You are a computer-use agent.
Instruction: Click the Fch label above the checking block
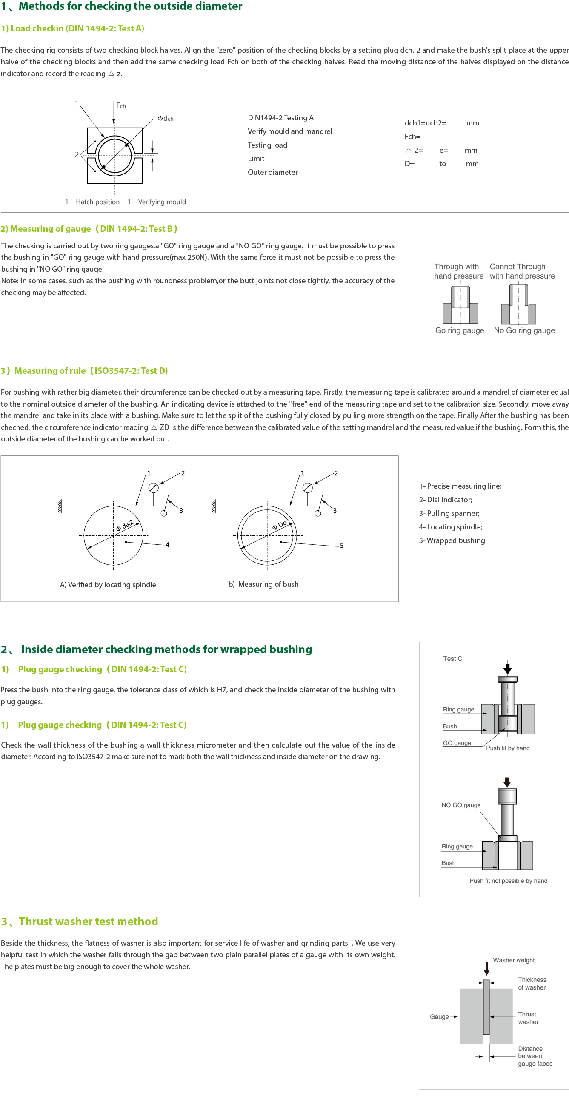pos(121,105)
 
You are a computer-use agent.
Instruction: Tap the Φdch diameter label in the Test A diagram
pos(166,119)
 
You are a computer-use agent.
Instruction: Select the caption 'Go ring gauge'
pos(460,330)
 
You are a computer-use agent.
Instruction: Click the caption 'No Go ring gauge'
pos(524,330)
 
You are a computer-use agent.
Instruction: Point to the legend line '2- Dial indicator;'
pos(445,500)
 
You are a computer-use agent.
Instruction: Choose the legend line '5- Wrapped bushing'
pos(452,540)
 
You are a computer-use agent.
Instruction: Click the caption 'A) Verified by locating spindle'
pos(108,584)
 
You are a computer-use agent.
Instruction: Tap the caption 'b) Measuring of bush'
pos(263,584)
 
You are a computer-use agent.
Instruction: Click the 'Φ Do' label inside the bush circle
pos(279,525)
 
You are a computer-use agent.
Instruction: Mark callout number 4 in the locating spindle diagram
pos(168,544)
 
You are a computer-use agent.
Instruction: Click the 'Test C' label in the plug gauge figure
pos(452,658)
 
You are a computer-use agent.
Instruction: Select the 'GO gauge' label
pos(457,743)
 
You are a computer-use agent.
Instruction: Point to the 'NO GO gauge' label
pos(461,805)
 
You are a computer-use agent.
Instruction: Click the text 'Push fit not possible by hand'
pos(509,881)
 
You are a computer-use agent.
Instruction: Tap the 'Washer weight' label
pos(514,960)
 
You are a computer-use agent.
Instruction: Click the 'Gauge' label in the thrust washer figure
pos(439,1017)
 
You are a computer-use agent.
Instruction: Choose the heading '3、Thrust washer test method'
pos(80,921)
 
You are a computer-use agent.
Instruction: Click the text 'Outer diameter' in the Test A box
pos(272,172)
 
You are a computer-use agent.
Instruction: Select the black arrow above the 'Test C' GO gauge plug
pos(508,669)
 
